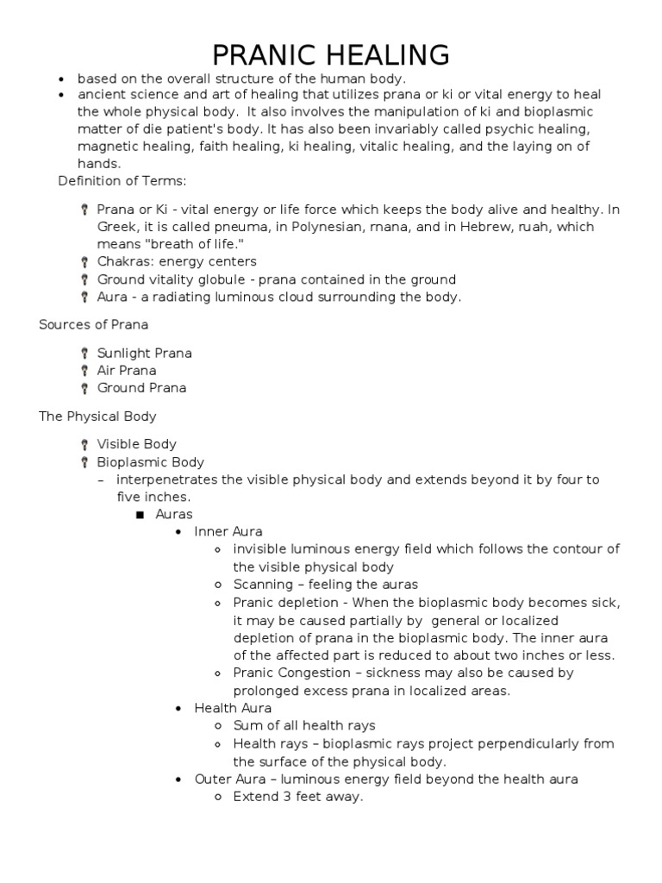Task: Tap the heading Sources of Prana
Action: click(93, 324)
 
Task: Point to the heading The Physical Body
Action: click(97, 416)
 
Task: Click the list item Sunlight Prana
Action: click(144, 353)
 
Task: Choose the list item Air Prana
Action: click(127, 370)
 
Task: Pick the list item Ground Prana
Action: click(141, 387)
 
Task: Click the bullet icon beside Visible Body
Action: click(84, 445)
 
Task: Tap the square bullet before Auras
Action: click(137, 515)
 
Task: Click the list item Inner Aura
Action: click(228, 531)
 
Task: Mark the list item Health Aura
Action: click(232, 708)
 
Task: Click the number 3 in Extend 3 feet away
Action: click(279, 797)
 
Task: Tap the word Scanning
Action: click(262, 584)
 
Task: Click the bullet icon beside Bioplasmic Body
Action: click(84, 462)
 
